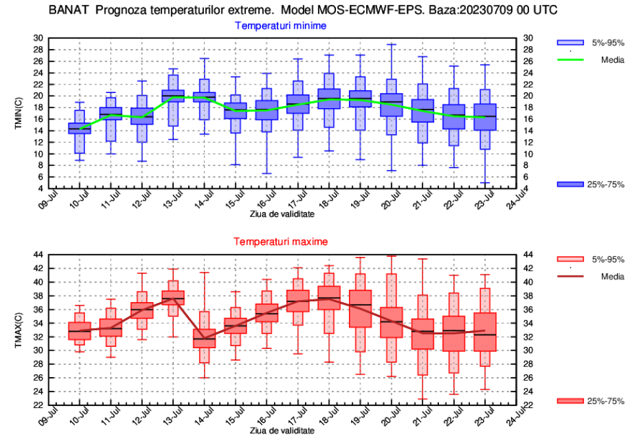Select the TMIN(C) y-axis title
19,113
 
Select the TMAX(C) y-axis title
19,330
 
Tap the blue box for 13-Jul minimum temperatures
173,94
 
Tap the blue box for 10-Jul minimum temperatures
79,128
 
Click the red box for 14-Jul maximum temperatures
204,338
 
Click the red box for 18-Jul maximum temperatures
329,298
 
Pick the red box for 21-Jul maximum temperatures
422,334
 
